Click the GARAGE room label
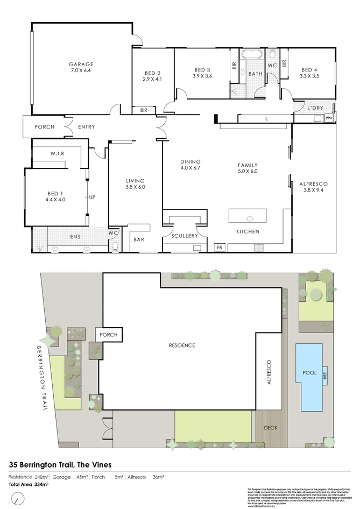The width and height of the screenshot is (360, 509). tap(81, 63)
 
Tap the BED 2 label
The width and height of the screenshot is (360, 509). tap(153, 73)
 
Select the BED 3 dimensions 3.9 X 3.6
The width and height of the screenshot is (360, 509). tap(202, 76)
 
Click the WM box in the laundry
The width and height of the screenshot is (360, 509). tap(329, 117)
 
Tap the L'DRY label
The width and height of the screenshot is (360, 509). tap(315, 109)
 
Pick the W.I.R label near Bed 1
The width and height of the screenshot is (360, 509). tap(58, 153)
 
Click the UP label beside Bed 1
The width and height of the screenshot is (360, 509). tap(92, 197)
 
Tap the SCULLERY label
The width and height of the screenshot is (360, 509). tap(185, 236)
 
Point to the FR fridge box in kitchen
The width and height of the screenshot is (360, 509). tap(219, 248)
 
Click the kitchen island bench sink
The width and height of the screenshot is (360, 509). tap(250, 218)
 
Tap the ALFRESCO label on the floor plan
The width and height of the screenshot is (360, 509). tap(313, 184)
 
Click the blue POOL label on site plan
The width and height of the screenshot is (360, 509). tap(309, 372)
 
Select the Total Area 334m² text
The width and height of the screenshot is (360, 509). tap(28, 485)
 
